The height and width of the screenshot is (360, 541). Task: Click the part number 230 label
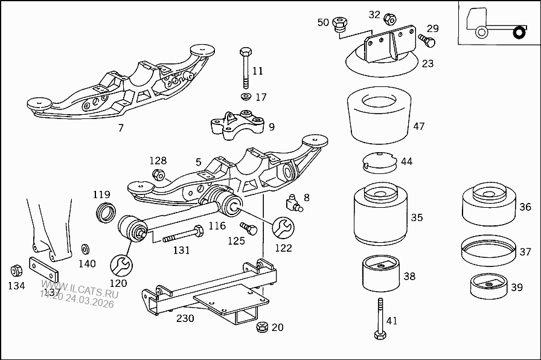click(x=185, y=318)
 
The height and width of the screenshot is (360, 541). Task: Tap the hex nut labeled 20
click(x=262, y=327)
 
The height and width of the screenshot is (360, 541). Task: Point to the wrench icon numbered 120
click(x=120, y=264)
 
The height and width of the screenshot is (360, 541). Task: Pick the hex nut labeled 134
click(x=16, y=269)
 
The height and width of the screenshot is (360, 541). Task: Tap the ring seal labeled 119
click(x=106, y=212)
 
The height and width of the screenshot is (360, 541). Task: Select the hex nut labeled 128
click(x=158, y=176)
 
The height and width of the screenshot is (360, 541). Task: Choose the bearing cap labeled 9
click(x=237, y=125)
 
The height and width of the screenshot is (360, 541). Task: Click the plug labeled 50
click(x=341, y=25)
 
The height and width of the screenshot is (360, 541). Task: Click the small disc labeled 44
click(x=379, y=162)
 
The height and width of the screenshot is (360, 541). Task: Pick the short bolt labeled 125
click(x=248, y=229)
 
